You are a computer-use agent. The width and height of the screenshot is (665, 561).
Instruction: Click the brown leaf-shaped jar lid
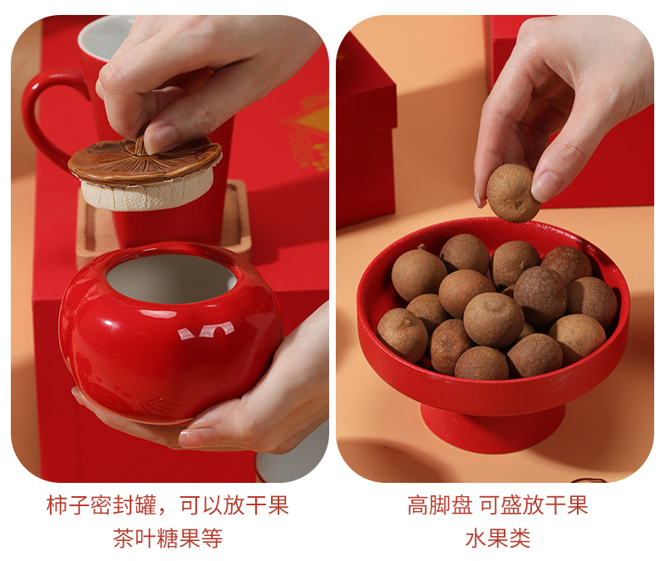[x=144, y=161]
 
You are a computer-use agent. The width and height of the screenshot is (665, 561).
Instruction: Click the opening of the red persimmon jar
[x=171, y=278]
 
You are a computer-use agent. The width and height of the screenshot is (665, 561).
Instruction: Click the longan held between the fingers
[x=512, y=193]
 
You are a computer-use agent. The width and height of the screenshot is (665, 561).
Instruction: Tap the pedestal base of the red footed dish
[x=493, y=427]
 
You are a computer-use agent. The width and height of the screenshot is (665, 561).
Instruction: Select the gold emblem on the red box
[x=308, y=131]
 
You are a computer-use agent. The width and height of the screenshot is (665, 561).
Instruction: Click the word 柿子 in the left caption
[x=68, y=505]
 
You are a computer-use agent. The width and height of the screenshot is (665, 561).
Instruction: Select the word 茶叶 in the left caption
[x=135, y=539]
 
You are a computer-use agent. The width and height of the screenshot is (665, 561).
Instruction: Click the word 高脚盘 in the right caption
[x=440, y=505]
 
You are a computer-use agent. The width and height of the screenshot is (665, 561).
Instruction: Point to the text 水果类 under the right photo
[x=498, y=539]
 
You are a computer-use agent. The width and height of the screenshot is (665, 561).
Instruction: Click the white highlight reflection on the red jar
[x=206, y=331]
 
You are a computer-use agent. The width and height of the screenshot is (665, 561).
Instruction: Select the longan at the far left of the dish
[x=402, y=336]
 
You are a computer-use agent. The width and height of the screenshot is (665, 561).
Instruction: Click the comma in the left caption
[x=165, y=512]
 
